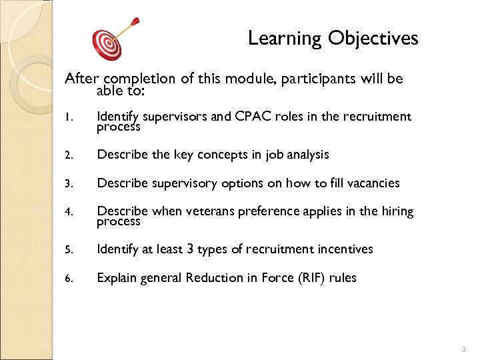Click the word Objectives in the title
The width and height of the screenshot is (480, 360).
tap(373, 39)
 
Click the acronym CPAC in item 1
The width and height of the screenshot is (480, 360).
tap(254, 117)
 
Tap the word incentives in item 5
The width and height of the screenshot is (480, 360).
tap(345, 249)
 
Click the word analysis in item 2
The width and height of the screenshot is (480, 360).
tap(307, 155)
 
